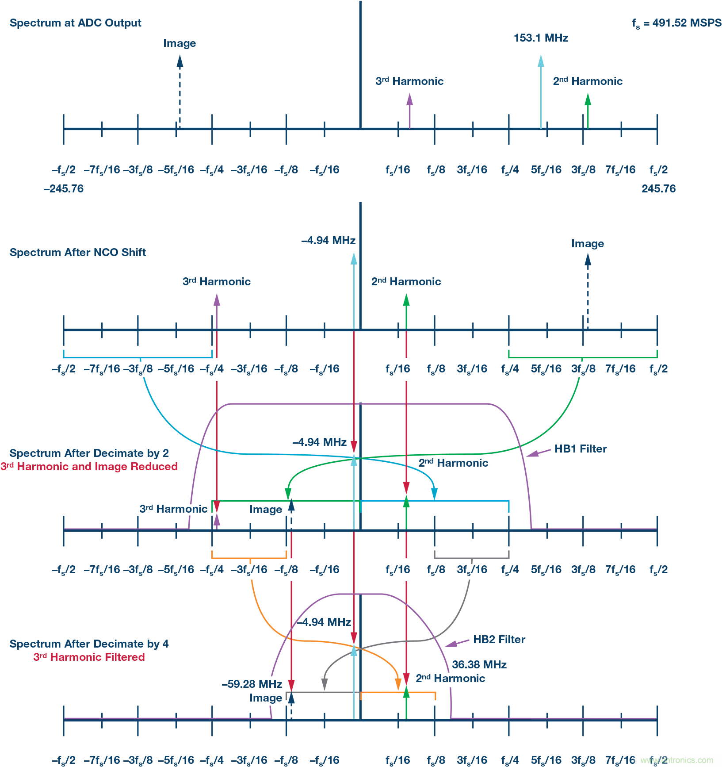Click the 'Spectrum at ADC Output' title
[x=75, y=23]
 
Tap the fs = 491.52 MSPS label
[x=676, y=23]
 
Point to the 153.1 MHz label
[x=541, y=38]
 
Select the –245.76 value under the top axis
[x=64, y=189]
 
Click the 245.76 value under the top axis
[x=658, y=189]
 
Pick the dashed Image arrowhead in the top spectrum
[x=180, y=61]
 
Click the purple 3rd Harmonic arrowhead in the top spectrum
[x=409, y=99]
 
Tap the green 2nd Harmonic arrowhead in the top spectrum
[x=588, y=99]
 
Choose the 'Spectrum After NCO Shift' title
[x=78, y=253]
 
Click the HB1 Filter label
[x=581, y=449]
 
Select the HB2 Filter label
[x=499, y=640]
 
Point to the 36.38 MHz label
[x=479, y=665]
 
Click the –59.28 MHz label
[x=252, y=684]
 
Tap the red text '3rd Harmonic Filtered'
[x=89, y=657]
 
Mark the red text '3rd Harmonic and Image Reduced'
[x=89, y=467]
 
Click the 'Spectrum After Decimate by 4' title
[x=89, y=644]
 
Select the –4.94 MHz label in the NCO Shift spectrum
[x=328, y=241]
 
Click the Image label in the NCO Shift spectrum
[x=588, y=244]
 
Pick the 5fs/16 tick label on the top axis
[x=546, y=170]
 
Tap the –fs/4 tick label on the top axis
[x=212, y=170]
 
